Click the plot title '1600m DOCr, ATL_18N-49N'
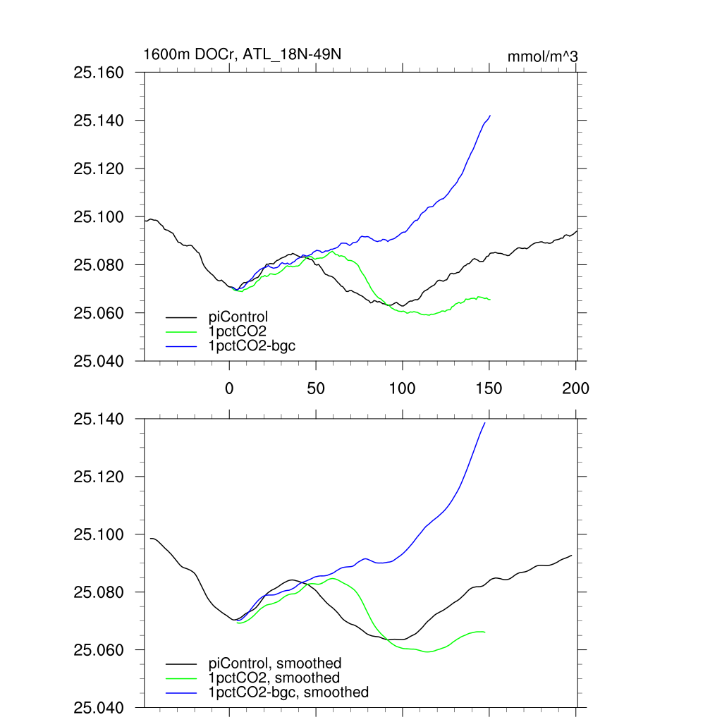[x=242, y=54]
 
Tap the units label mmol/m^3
[x=543, y=56]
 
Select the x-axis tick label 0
[x=229, y=387]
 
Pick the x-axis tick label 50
[x=315, y=387]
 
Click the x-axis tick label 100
[x=402, y=387]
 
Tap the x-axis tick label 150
[x=489, y=387]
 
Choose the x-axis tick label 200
[x=575, y=387]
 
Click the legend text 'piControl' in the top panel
[x=238, y=317]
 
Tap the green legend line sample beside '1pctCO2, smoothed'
[x=182, y=678]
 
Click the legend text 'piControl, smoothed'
[x=275, y=663]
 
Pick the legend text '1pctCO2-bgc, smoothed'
[x=288, y=692]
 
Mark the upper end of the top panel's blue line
[x=490, y=115]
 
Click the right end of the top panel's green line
[x=490, y=300]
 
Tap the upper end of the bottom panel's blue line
[x=485, y=422]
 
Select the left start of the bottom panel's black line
[x=150, y=539]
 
